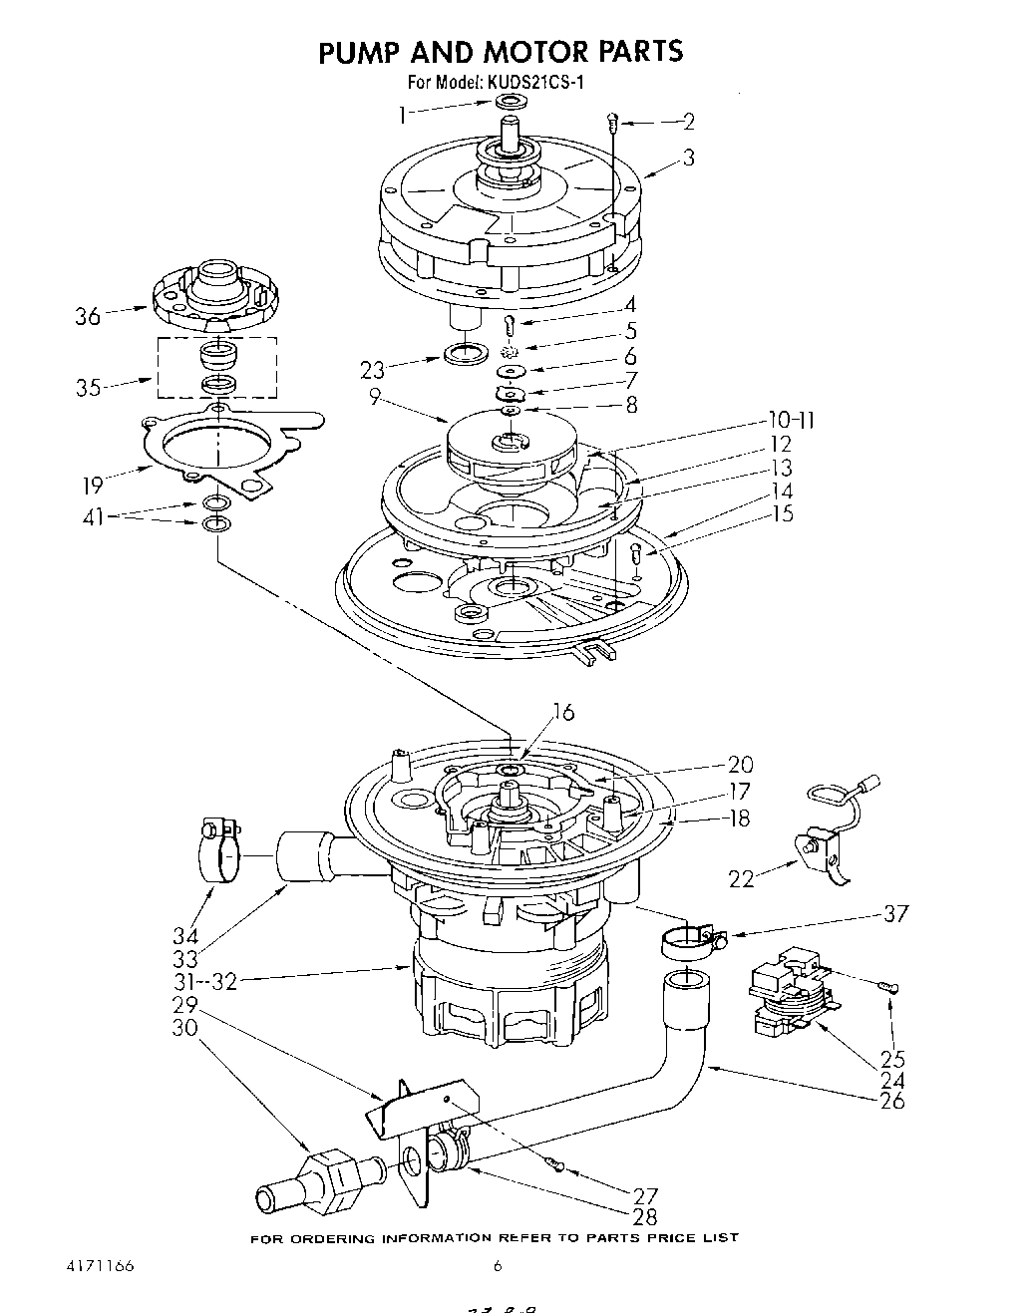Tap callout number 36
[88, 317]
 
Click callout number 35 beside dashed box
[88, 388]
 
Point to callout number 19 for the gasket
[93, 486]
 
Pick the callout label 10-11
[792, 421]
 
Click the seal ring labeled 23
[464, 354]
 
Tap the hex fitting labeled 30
[328, 1174]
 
